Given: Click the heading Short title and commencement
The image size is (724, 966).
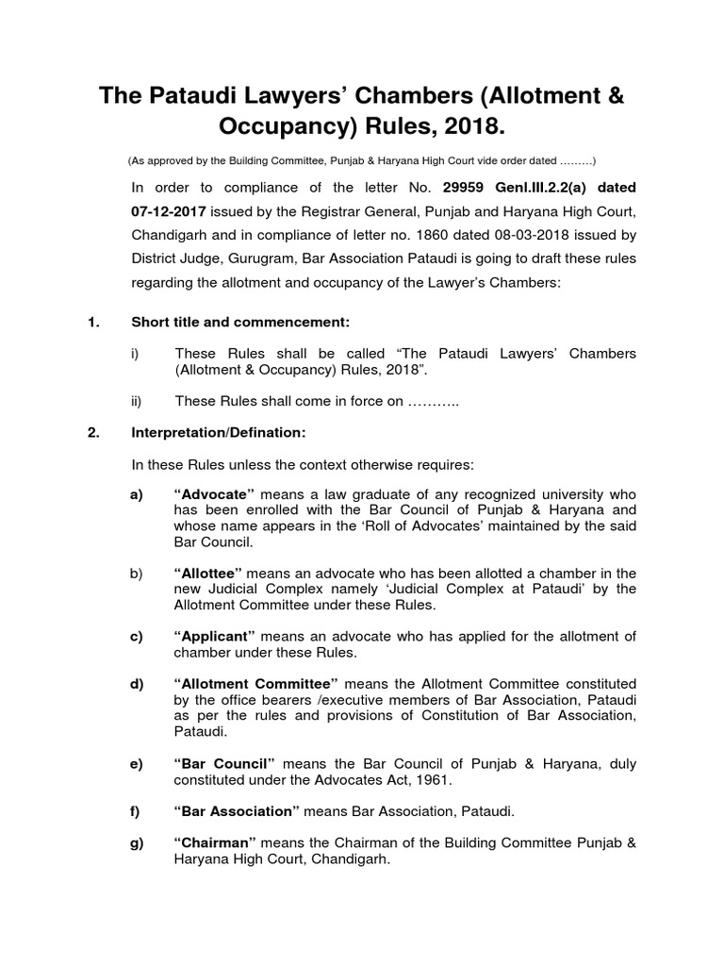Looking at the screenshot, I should point(240,323).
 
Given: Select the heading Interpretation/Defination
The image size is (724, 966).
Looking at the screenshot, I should point(218,433).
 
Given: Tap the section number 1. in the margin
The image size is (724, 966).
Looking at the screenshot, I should point(93,323).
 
